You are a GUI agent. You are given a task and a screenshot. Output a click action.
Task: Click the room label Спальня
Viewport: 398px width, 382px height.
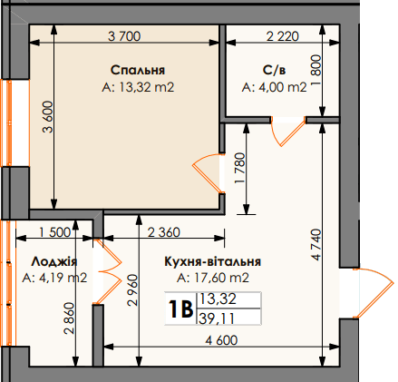point(138,70)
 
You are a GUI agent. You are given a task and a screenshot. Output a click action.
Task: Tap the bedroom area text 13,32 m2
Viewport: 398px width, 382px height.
point(138,88)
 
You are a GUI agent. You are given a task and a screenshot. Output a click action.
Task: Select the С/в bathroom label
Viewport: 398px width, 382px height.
point(274,70)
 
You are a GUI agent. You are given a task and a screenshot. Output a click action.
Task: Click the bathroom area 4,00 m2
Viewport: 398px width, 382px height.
point(275,88)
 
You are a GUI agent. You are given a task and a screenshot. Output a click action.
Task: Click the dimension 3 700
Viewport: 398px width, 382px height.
point(125,36)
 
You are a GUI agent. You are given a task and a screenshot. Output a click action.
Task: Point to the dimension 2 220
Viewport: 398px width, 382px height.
point(283,36)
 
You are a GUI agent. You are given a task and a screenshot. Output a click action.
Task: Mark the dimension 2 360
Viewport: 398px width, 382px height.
point(163,231)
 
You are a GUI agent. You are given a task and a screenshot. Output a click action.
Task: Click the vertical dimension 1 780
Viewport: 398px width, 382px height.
point(239,169)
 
